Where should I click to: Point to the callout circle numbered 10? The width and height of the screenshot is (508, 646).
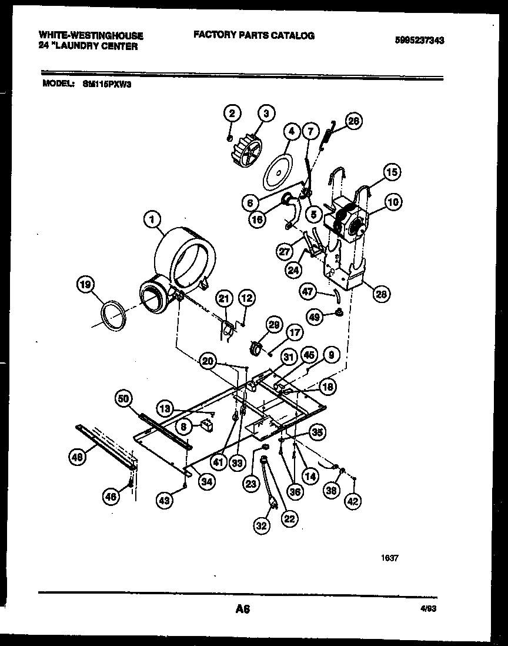[x=392, y=202]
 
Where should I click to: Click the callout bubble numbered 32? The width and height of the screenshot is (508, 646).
[x=262, y=525]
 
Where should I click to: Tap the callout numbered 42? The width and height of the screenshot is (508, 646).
[x=353, y=501]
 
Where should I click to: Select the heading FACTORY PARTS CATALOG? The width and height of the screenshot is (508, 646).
[x=253, y=35]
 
